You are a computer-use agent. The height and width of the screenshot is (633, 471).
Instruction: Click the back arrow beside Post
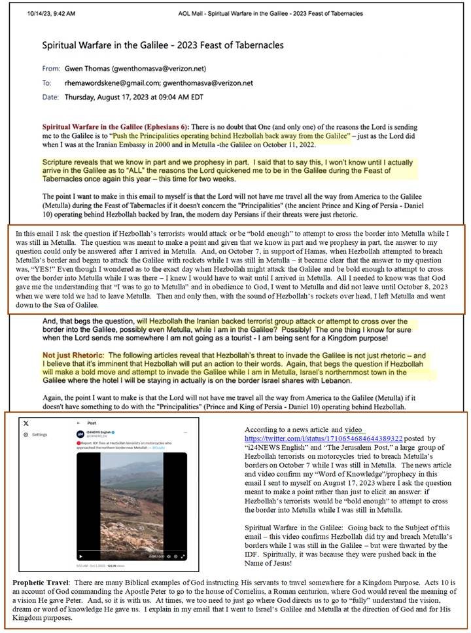[x=77, y=423]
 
